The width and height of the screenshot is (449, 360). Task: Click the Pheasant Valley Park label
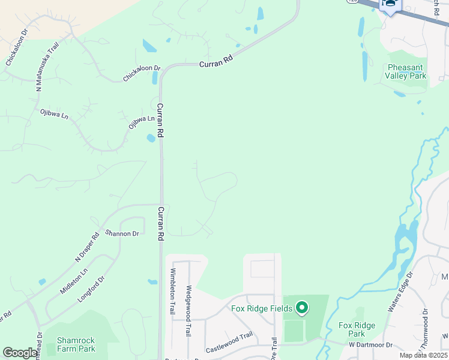pos(407,71)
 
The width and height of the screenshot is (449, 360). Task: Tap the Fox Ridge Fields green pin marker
pos(302,309)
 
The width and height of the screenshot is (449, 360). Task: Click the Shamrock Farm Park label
pos(76,344)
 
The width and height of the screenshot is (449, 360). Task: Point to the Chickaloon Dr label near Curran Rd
pos(142,74)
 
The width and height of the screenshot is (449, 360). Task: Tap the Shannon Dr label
pos(122,233)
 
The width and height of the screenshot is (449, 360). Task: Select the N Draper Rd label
pos(86,247)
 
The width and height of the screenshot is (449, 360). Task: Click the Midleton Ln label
pos(74,280)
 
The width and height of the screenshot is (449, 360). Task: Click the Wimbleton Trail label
pos(172,294)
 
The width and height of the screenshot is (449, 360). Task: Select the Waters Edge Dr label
pos(400,292)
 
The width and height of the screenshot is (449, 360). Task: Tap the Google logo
pos(20,352)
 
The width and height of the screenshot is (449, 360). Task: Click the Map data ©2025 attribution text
pos(424,355)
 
